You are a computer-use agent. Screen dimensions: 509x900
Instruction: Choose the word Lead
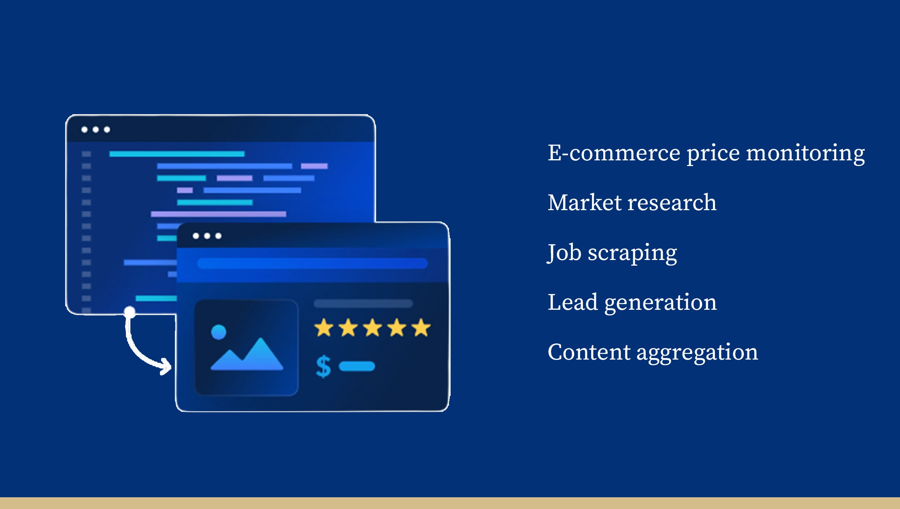572,302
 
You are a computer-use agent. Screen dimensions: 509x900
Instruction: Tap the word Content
589,352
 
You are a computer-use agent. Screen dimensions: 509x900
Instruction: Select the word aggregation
697,354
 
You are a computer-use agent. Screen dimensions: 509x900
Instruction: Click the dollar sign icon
323,366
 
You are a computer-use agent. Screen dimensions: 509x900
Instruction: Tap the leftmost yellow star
324,328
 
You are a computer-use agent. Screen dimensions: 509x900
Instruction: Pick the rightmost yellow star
421,328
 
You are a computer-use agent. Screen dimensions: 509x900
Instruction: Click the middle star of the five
372,328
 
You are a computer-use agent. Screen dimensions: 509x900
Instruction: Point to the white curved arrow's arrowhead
166,366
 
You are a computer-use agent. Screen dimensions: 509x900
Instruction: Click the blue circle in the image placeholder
219,332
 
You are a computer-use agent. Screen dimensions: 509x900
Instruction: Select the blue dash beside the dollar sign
357,366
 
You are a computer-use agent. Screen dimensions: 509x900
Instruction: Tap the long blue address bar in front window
312,263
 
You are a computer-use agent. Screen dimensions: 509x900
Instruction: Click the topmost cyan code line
177,154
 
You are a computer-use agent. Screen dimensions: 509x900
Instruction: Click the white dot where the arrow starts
130,312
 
